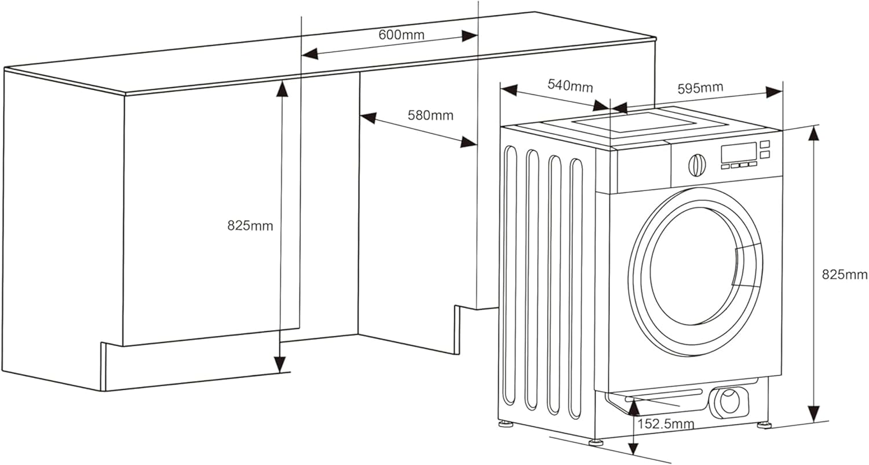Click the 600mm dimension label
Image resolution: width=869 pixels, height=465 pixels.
click(x=401, y=35)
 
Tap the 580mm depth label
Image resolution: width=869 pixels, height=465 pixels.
click(x=430, y=115)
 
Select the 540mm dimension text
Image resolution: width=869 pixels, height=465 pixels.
click(x=570, y=86)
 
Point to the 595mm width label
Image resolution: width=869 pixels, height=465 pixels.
click(x=700, y=88)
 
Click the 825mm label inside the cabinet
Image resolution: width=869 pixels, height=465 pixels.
click(x=250, y=226)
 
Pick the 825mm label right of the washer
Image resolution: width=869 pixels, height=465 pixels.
click(x=845, y=274)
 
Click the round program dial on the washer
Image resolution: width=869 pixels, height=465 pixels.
click(x=697, y=166)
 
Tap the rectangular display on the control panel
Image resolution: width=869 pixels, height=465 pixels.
click(x=739, y=153)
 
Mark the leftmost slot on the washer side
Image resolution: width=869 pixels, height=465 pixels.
click(x=509, y=276)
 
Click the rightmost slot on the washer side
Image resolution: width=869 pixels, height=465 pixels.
click(x=576, y=289)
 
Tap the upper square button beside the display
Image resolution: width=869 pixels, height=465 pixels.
click(x=765, y=144)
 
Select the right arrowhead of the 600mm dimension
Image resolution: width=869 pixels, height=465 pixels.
click(x=469, y=36)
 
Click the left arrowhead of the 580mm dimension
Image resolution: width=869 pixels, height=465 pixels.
click(x=368, y=118)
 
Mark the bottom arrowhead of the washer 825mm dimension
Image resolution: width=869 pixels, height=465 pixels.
click(x=814, y=413)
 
